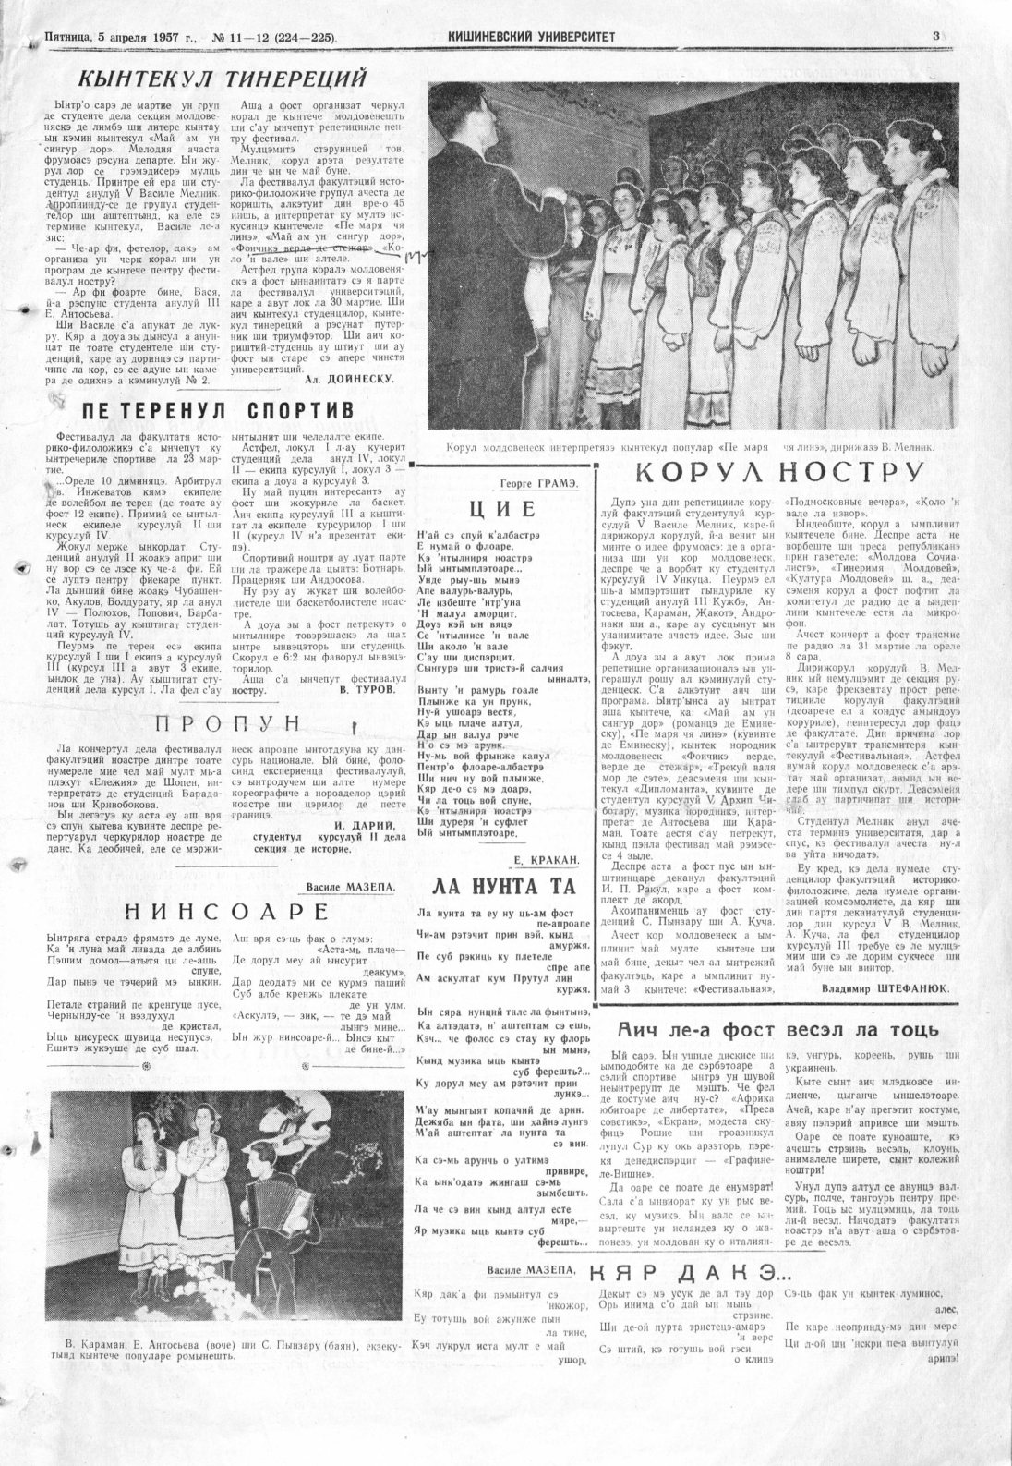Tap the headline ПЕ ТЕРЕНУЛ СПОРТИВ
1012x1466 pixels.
(x=217, y=410)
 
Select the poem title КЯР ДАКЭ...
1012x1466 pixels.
(x=688, y=1271)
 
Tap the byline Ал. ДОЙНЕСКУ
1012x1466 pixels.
(x=349, y=379)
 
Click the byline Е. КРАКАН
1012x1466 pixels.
(x=547, y=860)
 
